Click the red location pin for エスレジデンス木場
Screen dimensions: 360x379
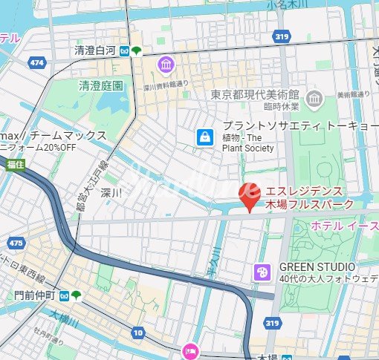(249, 197)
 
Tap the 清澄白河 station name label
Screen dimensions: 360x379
(95, 51)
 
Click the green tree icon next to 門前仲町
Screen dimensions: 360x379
(77, 295)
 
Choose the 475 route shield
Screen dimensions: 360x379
(16, 243)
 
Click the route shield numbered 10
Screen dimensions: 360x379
(137, 333)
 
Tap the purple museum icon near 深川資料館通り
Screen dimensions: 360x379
(165, 65)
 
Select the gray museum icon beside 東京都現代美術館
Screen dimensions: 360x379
(314, 97)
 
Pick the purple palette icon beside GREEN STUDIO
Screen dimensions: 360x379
(262, 273)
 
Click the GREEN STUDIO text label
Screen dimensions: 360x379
(317, 266)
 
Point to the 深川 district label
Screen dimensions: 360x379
(111, 192)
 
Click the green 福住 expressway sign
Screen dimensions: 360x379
(14, 163)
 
